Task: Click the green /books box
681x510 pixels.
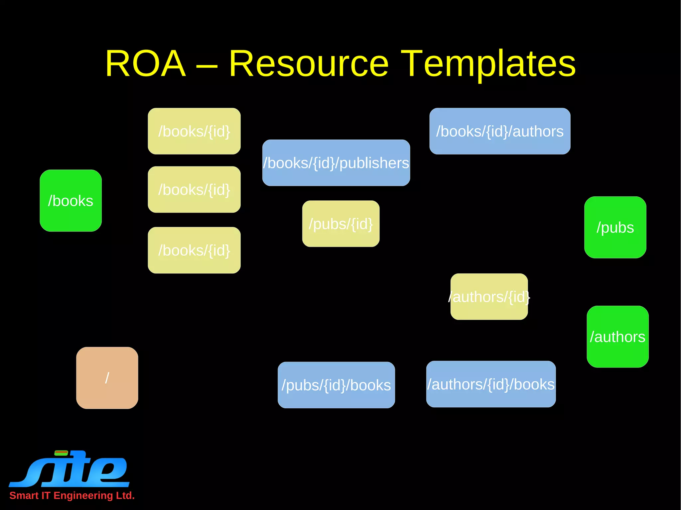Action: point(70,201)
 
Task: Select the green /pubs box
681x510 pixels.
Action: point(615,227)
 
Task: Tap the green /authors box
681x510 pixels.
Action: point(617,337)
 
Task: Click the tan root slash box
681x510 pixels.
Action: point(107,378)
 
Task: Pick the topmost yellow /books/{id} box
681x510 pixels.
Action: point(194,131)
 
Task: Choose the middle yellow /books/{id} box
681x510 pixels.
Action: point(194,190)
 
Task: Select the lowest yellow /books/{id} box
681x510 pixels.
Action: point(194,250)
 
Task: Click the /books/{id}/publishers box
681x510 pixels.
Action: point(336,163)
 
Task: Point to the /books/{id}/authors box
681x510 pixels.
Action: point(500,131)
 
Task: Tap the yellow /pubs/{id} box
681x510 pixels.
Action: point(341,224)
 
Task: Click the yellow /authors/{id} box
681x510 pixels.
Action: point(489,297)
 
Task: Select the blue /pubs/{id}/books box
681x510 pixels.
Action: point(336,385)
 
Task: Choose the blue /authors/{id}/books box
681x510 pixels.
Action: point(491,384)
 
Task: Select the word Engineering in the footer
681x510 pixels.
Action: point(83,495)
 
